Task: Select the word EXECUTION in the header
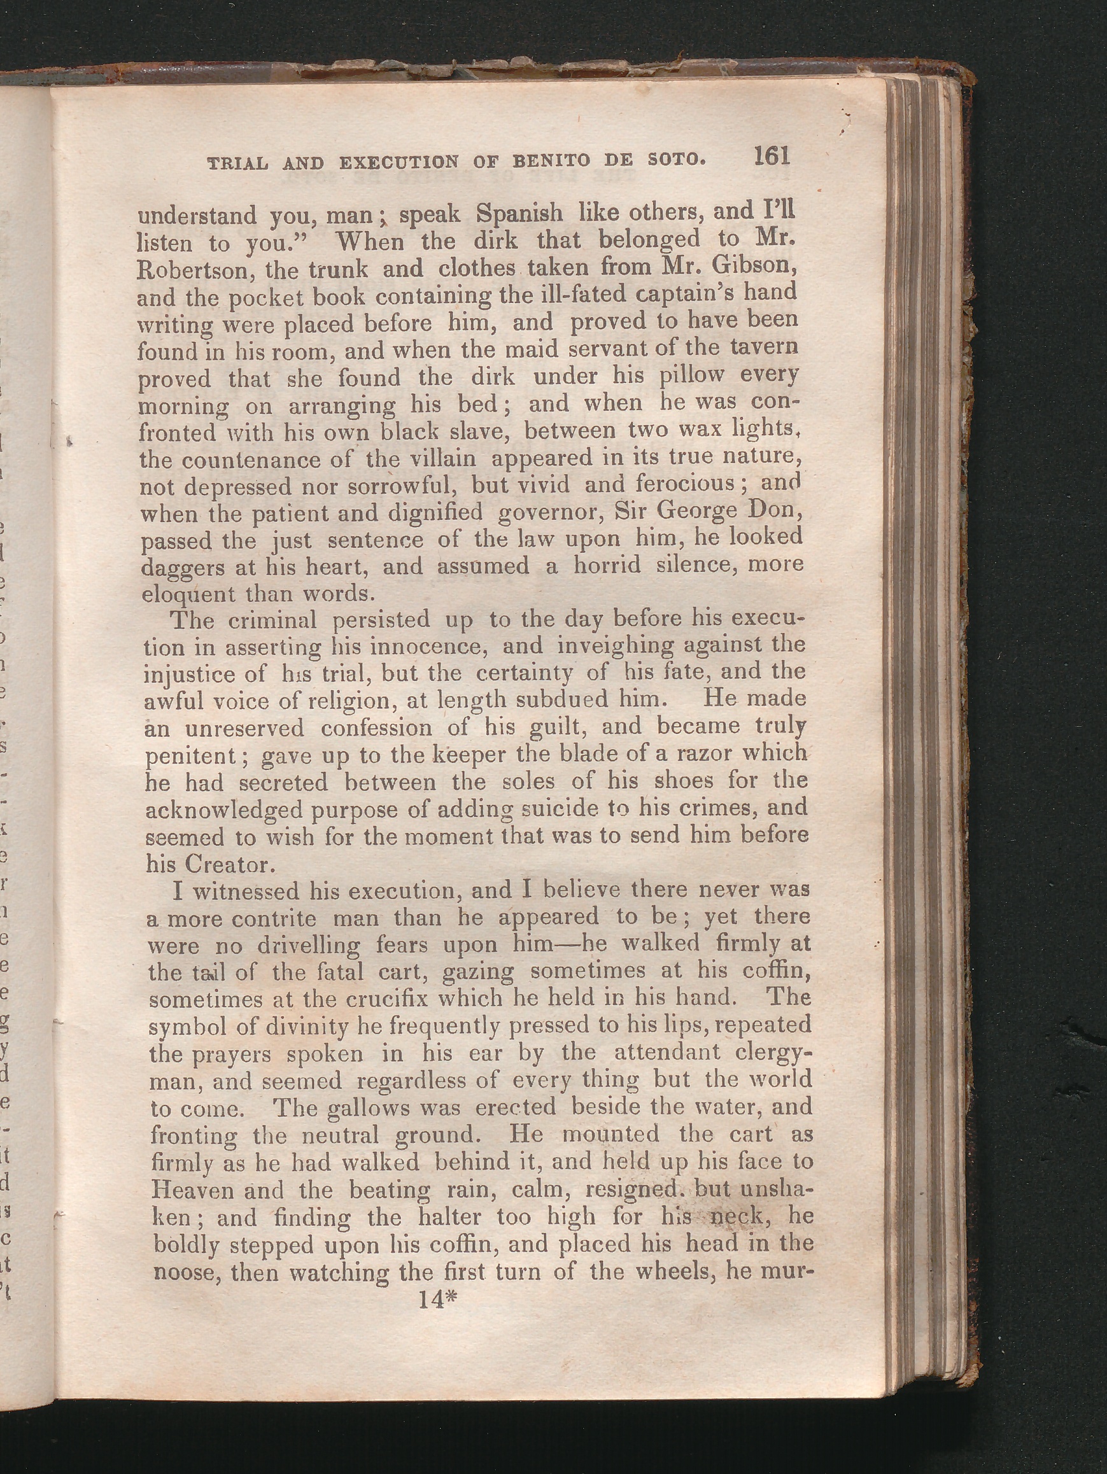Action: (x=398, y=162)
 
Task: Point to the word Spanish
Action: (x=520, y=213)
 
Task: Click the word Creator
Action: (x=227, y=864)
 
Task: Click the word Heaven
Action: (x=194, y=1190)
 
